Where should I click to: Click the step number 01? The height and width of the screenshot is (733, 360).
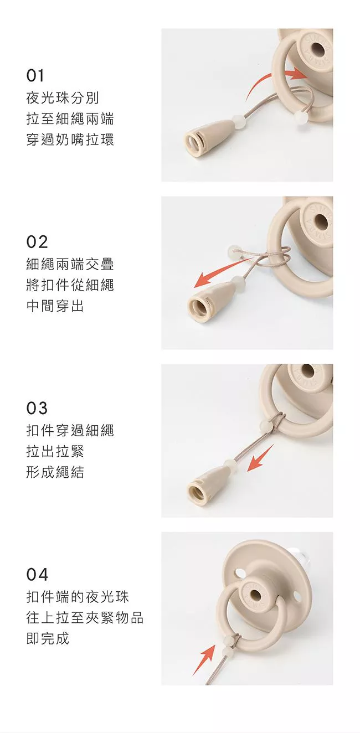pos(35,75)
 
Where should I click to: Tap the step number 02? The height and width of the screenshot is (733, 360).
pos(37,242)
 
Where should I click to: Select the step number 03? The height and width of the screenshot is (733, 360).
pos(37,408)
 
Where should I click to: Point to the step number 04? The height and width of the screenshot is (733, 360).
pos(37,574)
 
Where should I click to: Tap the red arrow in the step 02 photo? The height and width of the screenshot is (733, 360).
pos(226,271)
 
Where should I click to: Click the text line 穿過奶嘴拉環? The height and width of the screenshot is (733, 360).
pos(70,139)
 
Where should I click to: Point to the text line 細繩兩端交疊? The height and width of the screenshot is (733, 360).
pos(70,264)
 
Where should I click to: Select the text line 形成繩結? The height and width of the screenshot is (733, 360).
pos(55,472)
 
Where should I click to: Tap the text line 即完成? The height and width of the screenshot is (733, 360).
pos(48,638)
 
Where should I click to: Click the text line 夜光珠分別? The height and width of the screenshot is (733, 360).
pos(63,97)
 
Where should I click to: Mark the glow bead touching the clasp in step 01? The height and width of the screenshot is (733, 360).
pos(238,119)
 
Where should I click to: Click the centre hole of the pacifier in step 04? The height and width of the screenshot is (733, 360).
pos(255,593)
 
